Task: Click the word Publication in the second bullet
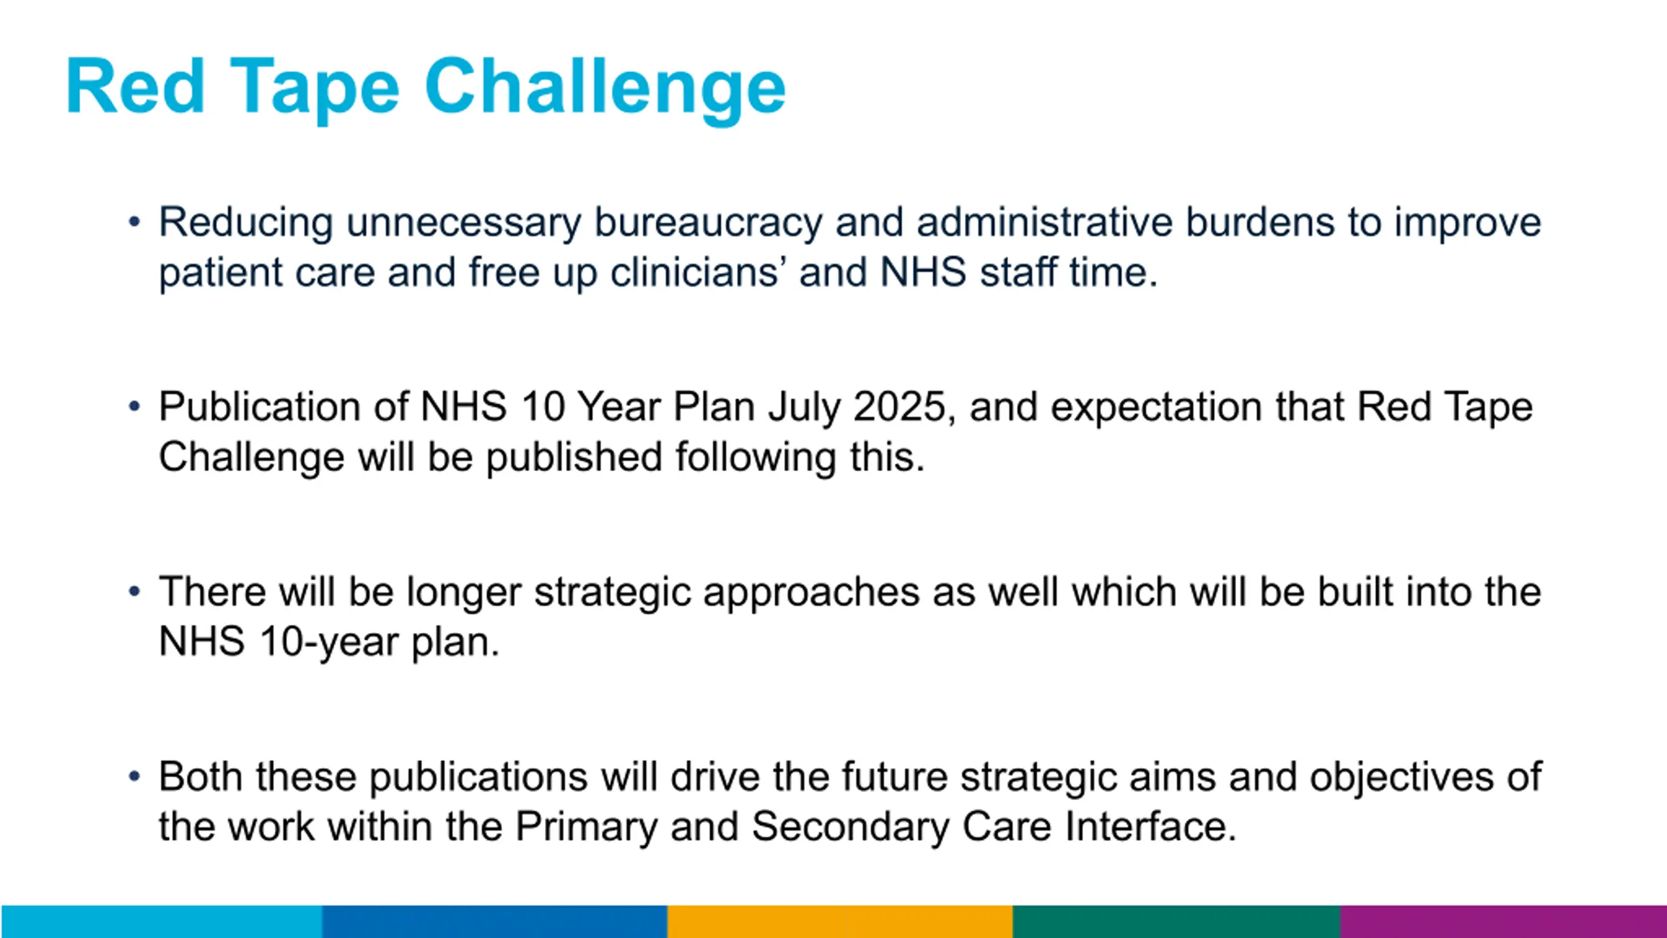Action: [260, 407]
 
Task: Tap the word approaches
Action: [811, 593]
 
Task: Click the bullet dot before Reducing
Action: [135, 222]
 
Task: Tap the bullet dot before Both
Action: [135, 776]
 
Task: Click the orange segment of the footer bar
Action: [840, 922]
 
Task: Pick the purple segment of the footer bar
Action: [1504, 922]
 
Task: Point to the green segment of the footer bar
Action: [1177, 922]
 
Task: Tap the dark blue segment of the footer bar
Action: [495, 922]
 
